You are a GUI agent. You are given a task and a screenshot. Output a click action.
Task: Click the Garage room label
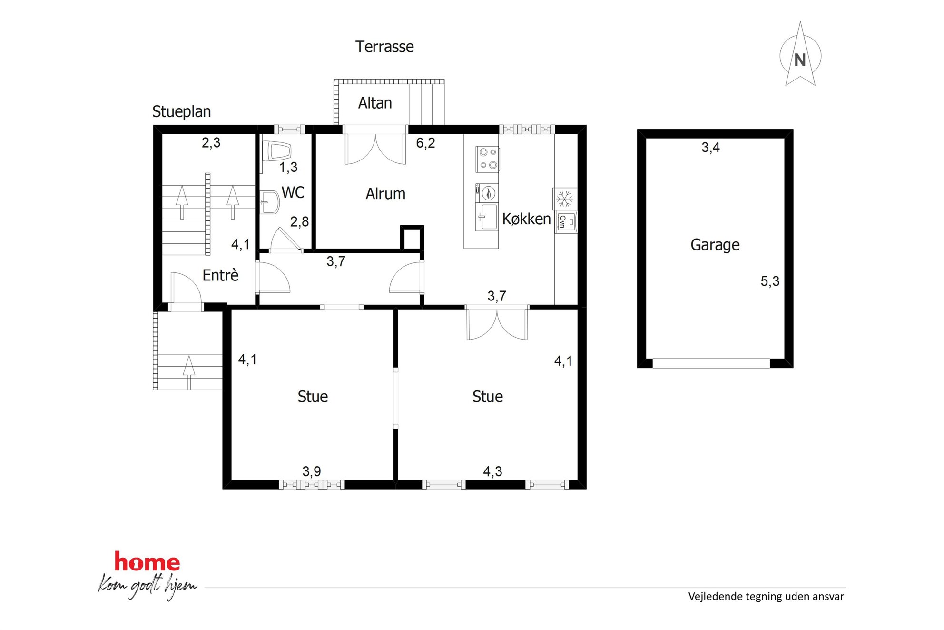715,245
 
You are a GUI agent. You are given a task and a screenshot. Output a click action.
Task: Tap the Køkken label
526,219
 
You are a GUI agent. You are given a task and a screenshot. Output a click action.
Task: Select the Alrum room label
385,194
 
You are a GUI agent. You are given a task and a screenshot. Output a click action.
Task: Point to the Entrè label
220,275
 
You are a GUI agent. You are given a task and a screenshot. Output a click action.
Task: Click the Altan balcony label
375,103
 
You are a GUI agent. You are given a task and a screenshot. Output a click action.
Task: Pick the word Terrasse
384,47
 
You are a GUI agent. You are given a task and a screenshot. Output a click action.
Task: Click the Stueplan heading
181,112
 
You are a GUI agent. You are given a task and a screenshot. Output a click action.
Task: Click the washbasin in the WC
270,203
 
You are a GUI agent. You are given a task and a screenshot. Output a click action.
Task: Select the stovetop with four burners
487,159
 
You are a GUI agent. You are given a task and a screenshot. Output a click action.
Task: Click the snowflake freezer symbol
565,199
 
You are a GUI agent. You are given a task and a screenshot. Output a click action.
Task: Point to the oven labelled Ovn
566,222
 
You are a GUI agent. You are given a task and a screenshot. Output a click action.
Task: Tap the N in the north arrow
800,60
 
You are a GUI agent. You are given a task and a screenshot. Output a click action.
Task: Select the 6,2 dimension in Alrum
425,143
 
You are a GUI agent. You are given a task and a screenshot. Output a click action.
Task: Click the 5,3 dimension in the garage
770,281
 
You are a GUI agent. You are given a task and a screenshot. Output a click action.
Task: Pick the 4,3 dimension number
492,471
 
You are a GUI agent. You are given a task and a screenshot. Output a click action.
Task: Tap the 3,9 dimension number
312,471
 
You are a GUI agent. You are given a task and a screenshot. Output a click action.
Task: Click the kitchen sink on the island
487,217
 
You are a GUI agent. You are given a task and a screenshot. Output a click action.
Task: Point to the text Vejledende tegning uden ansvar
766,597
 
